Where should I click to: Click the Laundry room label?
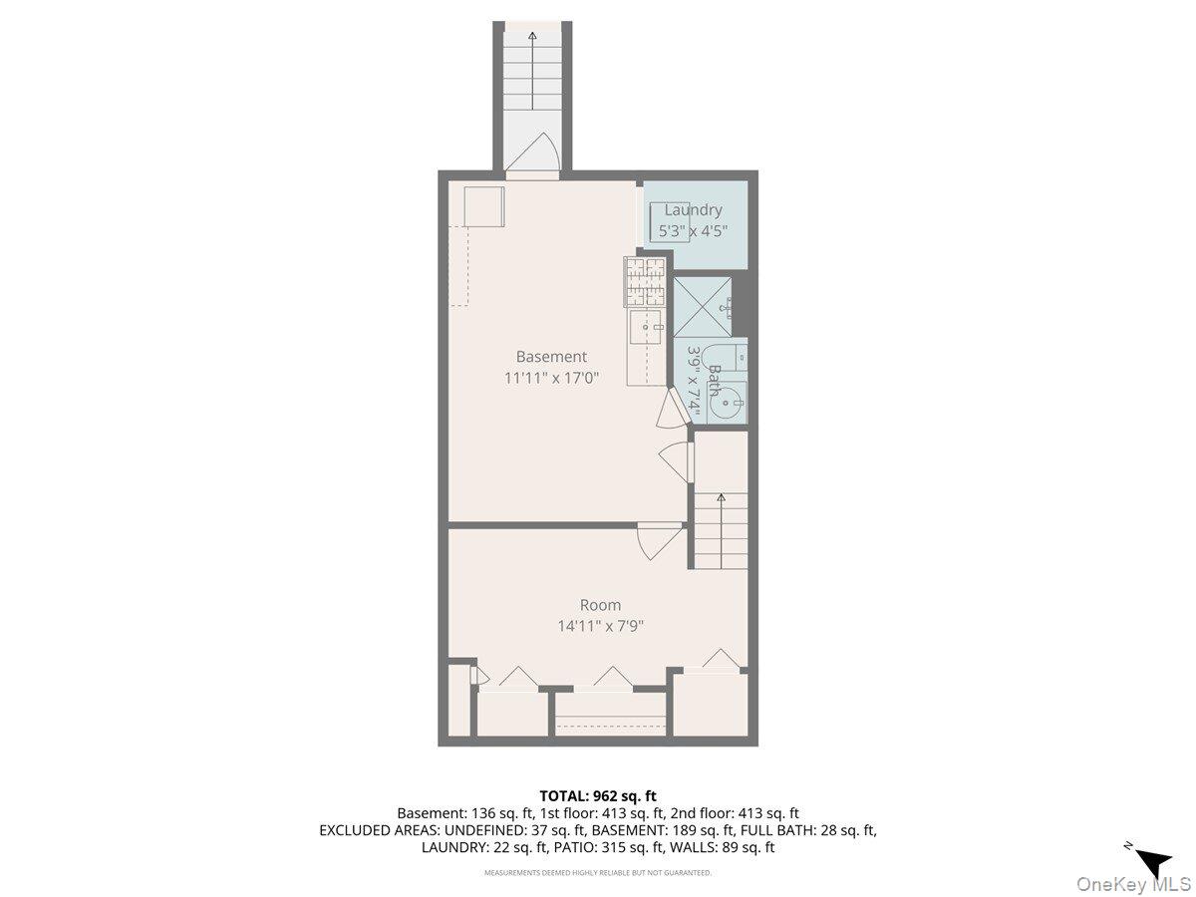pos(693,209)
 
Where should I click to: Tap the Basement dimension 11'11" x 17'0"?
pos(551,378)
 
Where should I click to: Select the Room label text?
pos(600,605)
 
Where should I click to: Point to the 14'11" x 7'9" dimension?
pos(600,626)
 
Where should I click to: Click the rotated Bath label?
pos(714,380)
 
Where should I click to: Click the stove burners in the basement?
pos(645,281)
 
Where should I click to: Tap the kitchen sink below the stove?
pos(646,327)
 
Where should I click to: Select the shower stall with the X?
pos(703,307)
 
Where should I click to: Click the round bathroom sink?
pos(727,403)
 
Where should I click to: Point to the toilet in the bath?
pos(725,359)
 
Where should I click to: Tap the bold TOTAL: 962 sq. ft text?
pos(598,796)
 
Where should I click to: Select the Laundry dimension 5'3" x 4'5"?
pos(693,231)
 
